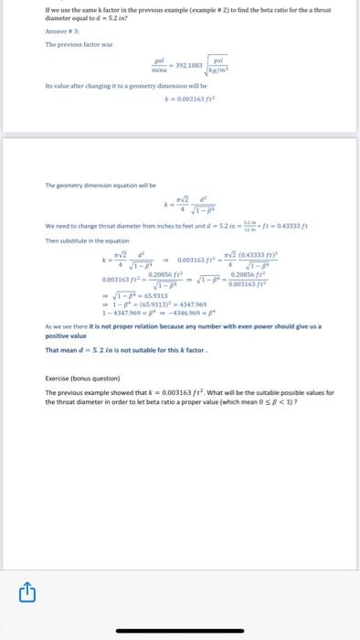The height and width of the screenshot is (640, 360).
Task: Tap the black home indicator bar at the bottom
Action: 179,630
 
